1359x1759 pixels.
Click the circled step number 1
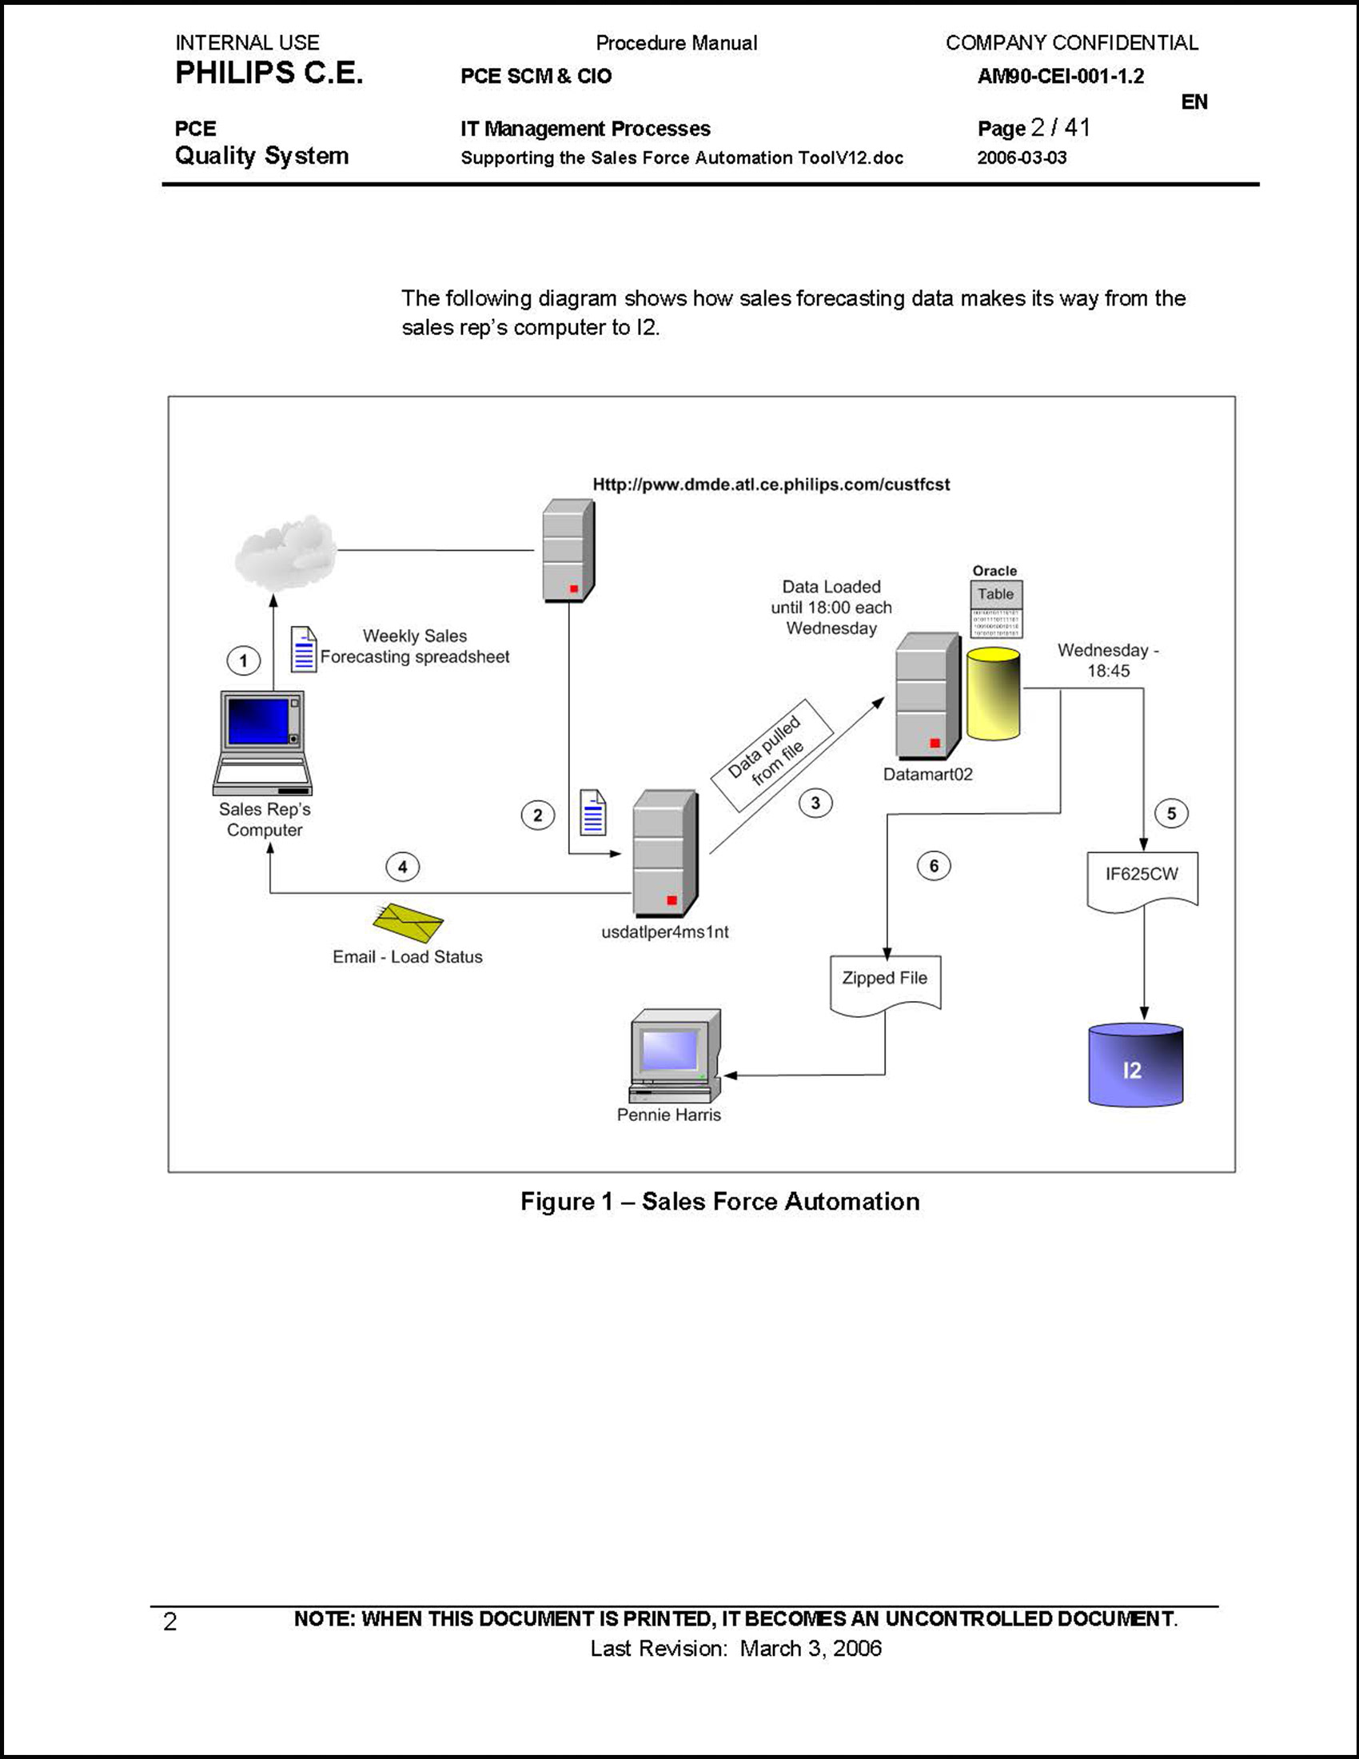243,661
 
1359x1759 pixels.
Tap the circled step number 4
403,868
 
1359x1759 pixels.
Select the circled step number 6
934,866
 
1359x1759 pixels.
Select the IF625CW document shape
1142,880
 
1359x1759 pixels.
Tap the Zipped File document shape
885,983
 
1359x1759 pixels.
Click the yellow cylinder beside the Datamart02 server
993,693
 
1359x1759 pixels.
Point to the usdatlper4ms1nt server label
664,931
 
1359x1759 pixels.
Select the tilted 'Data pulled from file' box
771,755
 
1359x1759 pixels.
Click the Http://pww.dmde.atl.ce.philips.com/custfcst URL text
771,485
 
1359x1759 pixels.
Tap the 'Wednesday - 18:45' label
1108,660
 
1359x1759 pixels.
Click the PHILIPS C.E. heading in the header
269,74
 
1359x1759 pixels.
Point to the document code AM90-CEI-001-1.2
1060,77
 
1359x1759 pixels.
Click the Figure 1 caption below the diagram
719,1202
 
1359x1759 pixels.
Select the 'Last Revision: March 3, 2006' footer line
735,1649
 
